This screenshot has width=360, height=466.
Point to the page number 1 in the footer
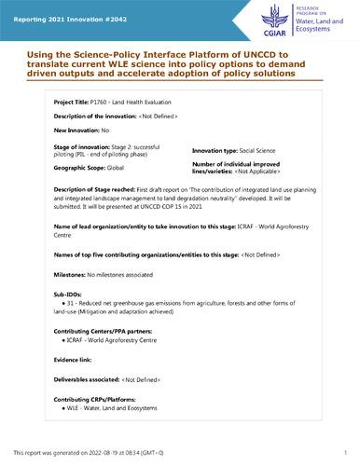point(344,449)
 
